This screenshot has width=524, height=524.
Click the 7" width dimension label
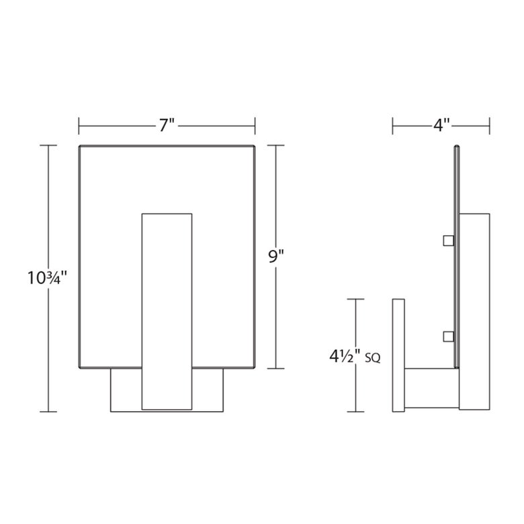click(167, 126)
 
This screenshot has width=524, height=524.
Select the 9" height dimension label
click(275, 257)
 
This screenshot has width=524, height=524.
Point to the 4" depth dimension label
click(441, 126)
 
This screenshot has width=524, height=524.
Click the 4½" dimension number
click(345, 357)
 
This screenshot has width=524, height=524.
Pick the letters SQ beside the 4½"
click(373, 358)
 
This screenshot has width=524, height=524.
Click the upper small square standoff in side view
click(449, 241)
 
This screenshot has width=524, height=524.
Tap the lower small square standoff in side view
click(449, 337)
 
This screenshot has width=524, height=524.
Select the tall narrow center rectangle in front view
click(167, 312)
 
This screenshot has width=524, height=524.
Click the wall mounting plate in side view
click(398, 355)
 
